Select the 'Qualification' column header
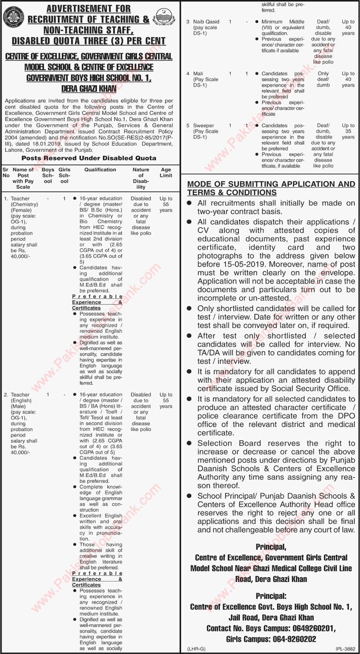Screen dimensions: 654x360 100,170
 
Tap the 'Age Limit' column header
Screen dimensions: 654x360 166,173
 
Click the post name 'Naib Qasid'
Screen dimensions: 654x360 205,21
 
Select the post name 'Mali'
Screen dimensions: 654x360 198,73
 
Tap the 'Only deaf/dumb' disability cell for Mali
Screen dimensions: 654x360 324,78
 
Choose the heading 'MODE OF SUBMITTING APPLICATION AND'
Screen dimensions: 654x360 271,184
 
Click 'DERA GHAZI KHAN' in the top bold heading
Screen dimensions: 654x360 89,89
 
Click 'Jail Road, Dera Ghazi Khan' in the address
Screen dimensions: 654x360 271,617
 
